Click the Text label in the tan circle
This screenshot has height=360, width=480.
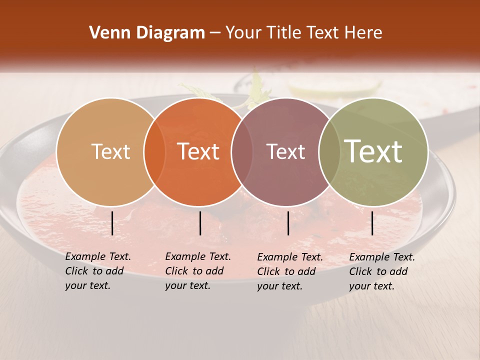click(x=111, y=151)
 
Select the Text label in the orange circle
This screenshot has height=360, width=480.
click(x=198, y=151)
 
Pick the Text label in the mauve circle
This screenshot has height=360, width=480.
click(x=286, y=151)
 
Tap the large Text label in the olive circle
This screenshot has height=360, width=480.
click(x=373, y=151)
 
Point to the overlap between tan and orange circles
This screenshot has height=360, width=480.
click(x=154, y=151)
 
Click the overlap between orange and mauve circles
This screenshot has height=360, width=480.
click(x=242, y=151)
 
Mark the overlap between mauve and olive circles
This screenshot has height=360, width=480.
click(x=329, y=151)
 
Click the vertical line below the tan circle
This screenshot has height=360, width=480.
click(x=112, y=223)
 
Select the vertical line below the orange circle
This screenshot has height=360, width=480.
click(x=200, y=223)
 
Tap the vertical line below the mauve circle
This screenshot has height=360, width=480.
click(x=288, y=223)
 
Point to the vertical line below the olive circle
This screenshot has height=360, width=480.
click(x=372, y=223)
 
